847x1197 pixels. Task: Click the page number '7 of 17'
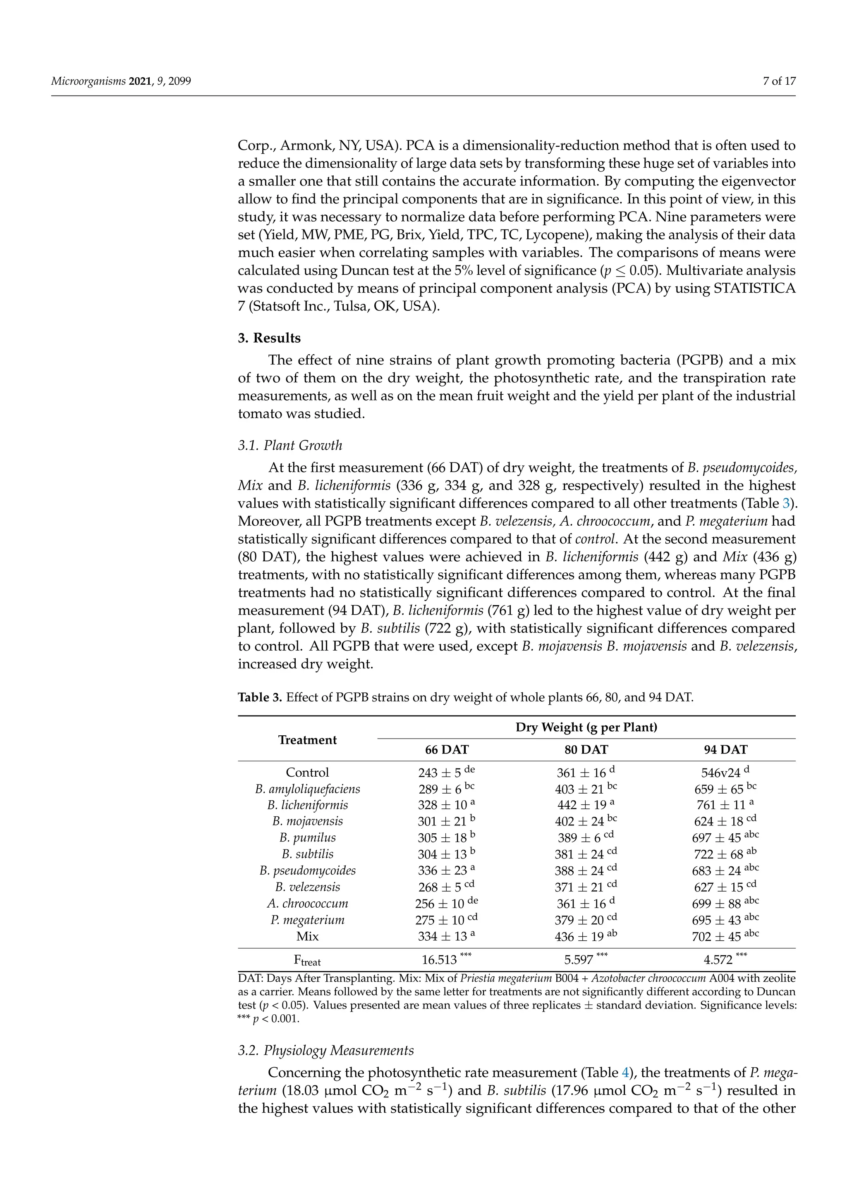779,81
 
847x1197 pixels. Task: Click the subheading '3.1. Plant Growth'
290,445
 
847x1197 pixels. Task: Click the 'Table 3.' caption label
260,697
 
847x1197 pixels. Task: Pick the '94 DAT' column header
725,750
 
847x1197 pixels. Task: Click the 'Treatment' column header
307,740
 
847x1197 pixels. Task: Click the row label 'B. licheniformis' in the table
307,805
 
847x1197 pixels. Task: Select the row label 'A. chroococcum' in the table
307,904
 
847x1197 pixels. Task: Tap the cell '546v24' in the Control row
720,773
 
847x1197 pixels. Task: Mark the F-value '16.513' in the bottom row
439,959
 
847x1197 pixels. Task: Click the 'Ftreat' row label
307,960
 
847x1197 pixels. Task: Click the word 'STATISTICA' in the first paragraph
754,289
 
